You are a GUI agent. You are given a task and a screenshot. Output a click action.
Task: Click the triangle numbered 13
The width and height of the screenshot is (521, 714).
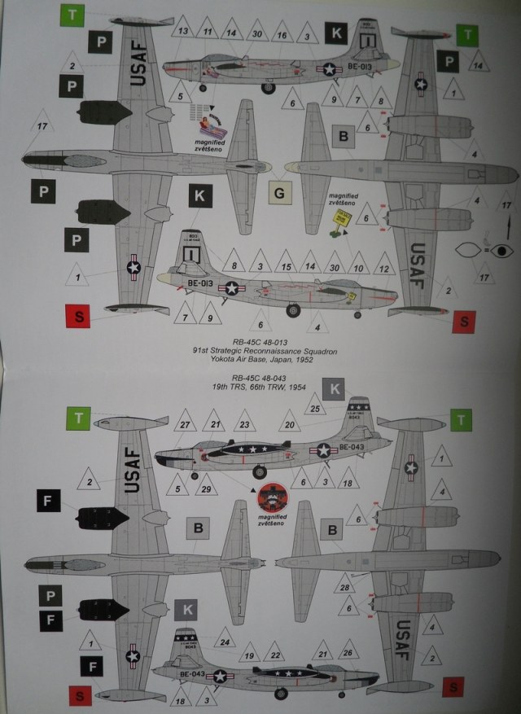coord(183,32)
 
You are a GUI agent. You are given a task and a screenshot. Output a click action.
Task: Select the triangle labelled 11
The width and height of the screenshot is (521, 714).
coord(209,32)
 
